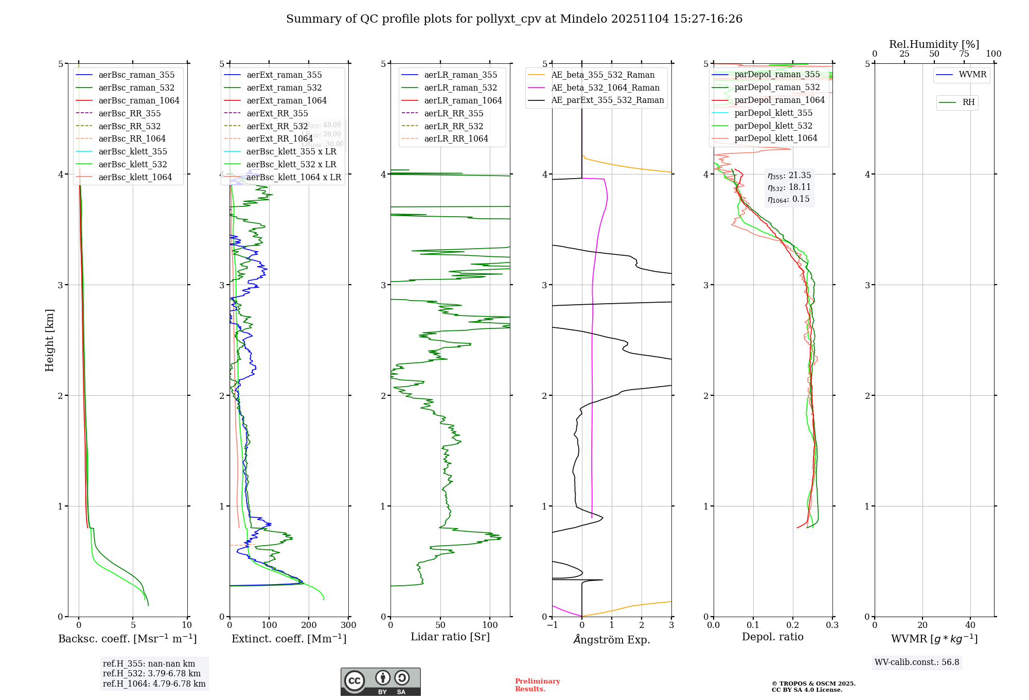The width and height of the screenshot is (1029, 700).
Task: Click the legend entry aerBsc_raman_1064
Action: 139,100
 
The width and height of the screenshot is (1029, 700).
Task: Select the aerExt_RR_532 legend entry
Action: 277,126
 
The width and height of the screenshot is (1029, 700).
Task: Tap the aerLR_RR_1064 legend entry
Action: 456,138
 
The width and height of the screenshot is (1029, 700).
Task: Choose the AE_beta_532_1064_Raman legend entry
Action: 605,87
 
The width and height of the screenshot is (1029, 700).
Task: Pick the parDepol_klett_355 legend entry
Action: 773,113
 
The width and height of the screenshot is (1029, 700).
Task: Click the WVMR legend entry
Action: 972,75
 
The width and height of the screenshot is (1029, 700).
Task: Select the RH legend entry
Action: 968,102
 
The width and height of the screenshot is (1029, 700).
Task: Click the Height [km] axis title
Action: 49,340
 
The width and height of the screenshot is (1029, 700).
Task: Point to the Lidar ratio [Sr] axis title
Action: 450,637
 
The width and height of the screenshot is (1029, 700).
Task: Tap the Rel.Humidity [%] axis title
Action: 934,44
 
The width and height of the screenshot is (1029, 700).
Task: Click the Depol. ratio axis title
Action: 772,637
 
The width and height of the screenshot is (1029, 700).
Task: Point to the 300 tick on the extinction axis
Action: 348,625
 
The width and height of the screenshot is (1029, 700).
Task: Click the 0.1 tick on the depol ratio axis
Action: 753,625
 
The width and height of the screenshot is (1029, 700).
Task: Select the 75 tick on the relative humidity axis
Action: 964,54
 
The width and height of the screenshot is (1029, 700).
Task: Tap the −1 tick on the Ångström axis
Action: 552,625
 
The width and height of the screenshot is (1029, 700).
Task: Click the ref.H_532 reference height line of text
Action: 152,673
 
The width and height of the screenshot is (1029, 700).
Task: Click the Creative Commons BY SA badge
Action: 380,682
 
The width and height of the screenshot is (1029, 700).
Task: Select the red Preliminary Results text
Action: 537,685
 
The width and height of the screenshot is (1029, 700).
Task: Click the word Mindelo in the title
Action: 583,19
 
